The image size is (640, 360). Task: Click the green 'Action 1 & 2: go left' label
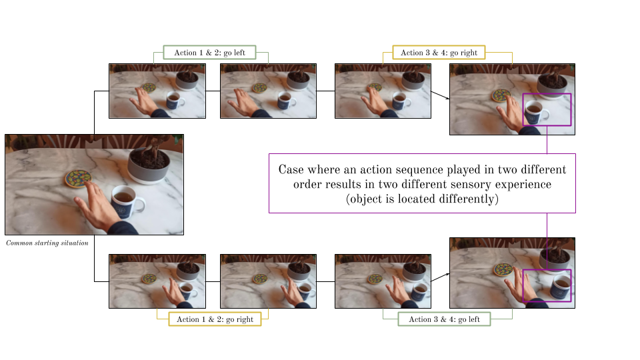[x=209, y=53]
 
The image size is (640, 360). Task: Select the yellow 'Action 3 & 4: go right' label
[x=439, y=53]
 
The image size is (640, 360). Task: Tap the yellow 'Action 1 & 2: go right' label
[x=215, y=319]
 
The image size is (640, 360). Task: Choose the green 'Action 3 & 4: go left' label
[x=444, y=319]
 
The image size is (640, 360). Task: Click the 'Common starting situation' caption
[x=47, y=243]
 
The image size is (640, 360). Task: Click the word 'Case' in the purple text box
[x=291, y=169]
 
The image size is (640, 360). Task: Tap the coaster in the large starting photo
[x=78, y=179]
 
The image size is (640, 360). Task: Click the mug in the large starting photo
[x=127, y=201]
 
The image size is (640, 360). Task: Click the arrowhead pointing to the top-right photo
[x=447, y=98]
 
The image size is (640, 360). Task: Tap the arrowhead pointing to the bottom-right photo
[x=447, y=274]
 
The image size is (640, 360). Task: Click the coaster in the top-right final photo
[x=501, y=95]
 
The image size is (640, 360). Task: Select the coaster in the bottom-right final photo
[x=503, y=269]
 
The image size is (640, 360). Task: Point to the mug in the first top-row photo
[x=175, y=100]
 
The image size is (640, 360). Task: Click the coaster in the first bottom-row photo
[x=149, y=279]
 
